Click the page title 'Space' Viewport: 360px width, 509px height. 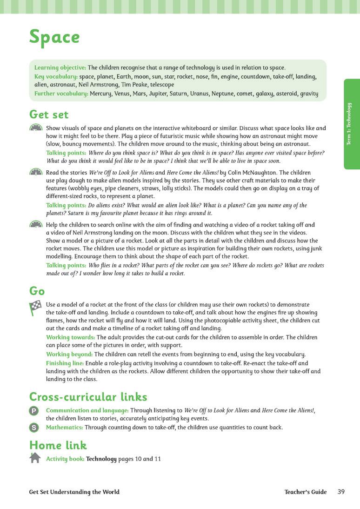coord(54,37)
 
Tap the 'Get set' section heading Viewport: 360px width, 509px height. coord(49,114)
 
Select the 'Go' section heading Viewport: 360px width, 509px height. coord(37,291)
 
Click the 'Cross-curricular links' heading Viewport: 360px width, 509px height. coord(88,397)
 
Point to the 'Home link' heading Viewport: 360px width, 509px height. coord(58,445)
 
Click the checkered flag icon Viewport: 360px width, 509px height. coord(35,308)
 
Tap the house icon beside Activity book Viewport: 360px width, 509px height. coord(35,458)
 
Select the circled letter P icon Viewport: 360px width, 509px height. coord(34,410)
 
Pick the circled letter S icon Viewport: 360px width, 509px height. coord(34,427)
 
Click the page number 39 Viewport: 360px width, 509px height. coord(341,492)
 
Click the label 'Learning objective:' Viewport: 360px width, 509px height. coord(60,68)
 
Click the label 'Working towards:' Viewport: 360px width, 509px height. coord(70,337)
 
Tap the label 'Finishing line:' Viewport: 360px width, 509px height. coord(65,363)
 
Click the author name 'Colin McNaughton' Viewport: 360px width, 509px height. coord(253,172)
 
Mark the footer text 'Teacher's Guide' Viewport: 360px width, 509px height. coord(306,492)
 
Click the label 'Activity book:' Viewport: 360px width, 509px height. coord(65,459)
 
